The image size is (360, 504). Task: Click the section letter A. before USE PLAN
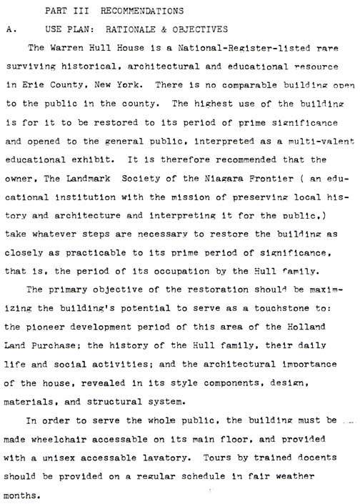pyautogui.click(x=9, y=30)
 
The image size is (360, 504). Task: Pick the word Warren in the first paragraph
pyautogui.click(x=79, y=49)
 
